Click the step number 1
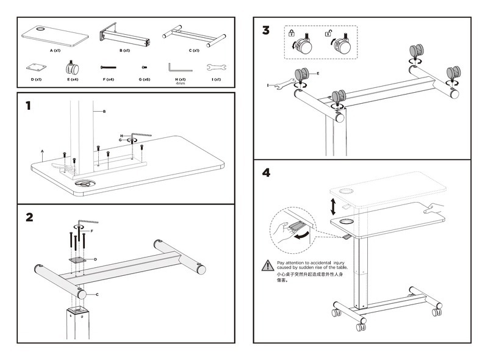point(28,106)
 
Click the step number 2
point(29,218)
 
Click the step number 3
point(266,31)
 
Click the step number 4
point(267,173)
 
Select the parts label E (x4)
point(72,79)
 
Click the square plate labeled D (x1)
point(35,67)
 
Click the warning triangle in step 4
point(267,265)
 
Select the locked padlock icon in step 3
point(291,34)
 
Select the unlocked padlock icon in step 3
point(329,34)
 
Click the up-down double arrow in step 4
point(333,205)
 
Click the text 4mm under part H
point(180,84)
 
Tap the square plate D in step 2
point(77,259)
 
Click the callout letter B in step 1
point(104,112)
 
